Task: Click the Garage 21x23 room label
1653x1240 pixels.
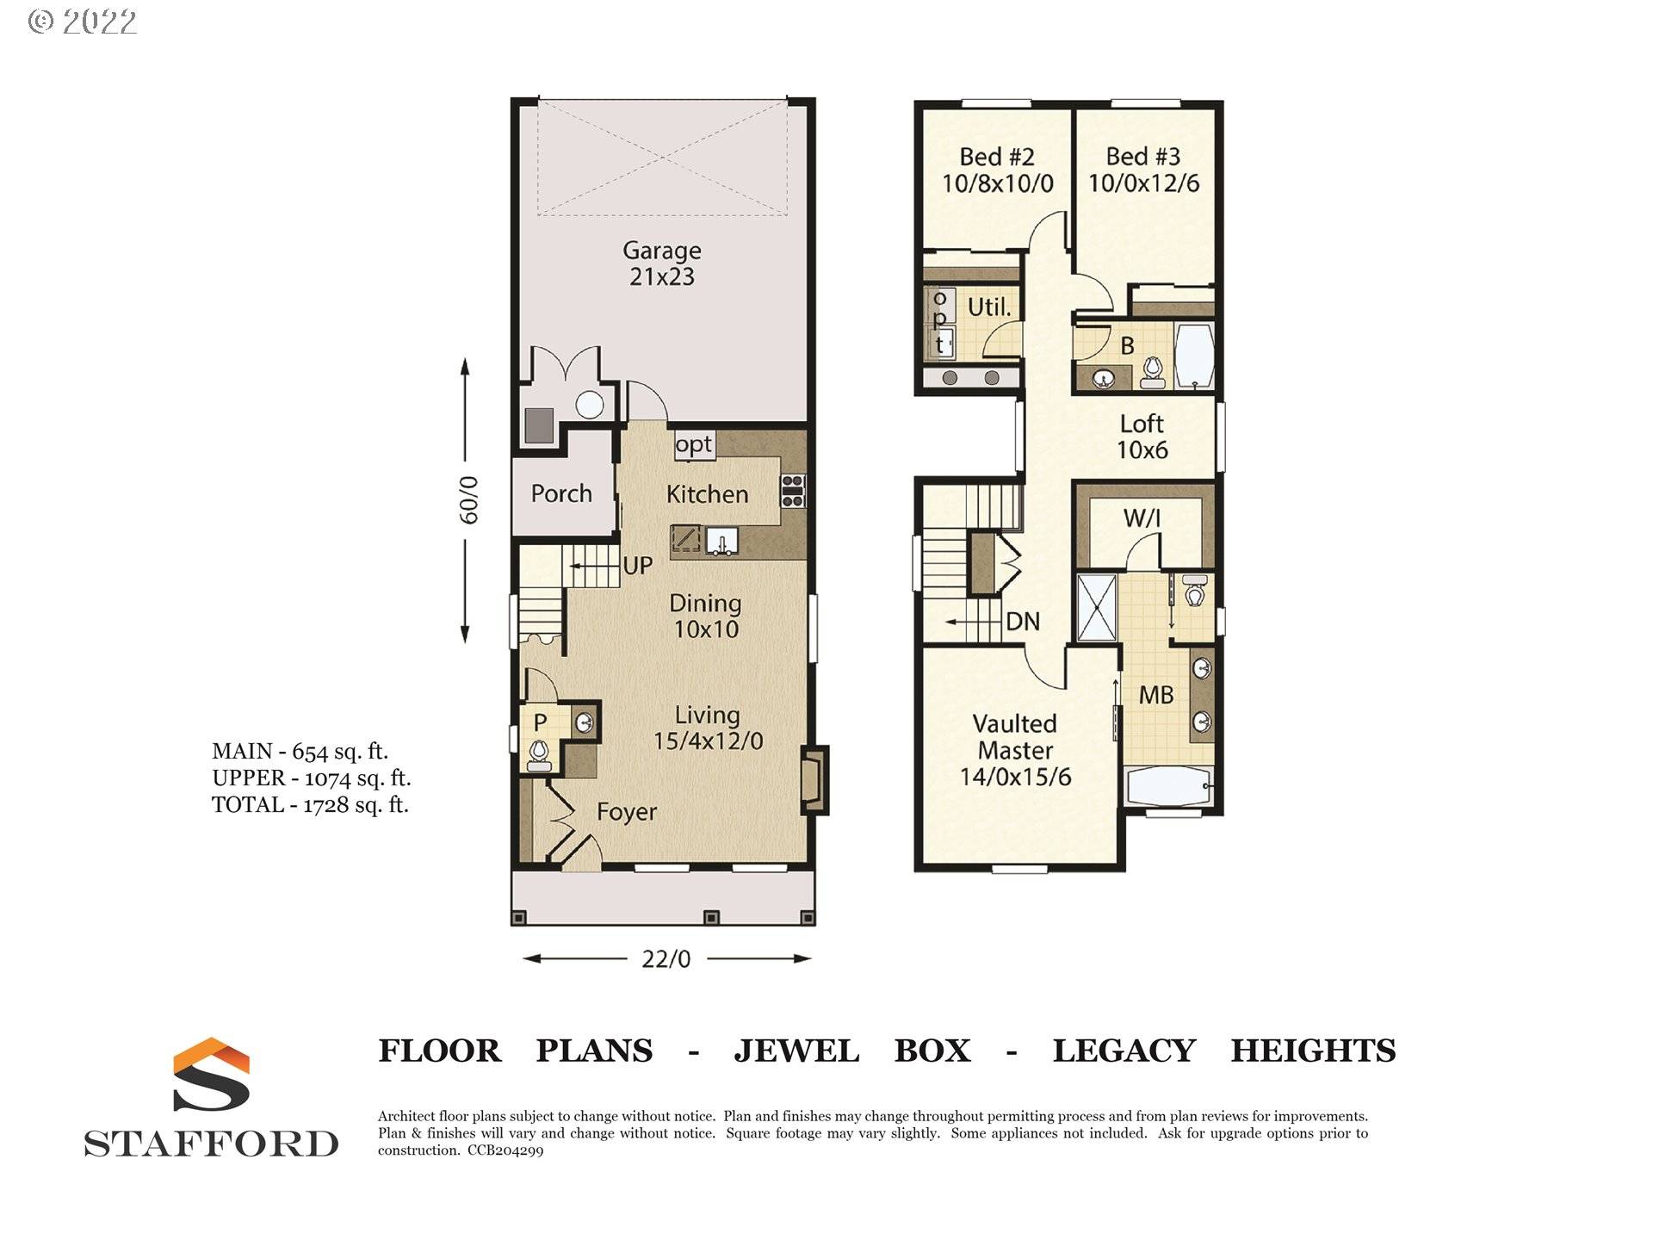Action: [662, 263]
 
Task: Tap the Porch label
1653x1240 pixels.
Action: [561, 493]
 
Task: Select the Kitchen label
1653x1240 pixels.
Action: [707, 494]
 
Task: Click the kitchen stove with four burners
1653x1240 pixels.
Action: [793, 490]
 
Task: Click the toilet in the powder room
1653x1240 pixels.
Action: [539, 755]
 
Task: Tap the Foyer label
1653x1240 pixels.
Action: [627, 812]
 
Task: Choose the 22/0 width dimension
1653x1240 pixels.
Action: [666, 958]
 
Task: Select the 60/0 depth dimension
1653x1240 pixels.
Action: [467, 499]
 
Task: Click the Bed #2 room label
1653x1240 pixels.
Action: [997, 170]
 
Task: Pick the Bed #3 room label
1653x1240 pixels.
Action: [1143, 170]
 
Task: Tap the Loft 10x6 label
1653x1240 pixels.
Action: [1142, 437]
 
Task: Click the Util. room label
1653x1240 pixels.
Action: [989, 307]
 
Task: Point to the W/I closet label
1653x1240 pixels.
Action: [1142, 518]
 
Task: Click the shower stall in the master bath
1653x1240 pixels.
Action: [1097, 608]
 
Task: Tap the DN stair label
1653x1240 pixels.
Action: [1023, 622]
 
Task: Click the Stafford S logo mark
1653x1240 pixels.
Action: [211, 1075]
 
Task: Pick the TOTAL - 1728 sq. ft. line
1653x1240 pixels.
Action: [310, 805]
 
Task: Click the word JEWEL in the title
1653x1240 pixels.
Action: [796, 1051]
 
